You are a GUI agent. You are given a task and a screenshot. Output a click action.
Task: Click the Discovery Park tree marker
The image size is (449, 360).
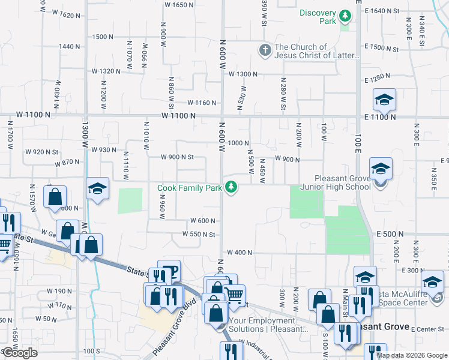point(345,15)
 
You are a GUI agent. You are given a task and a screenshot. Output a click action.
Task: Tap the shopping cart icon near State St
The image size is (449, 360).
point(234,294)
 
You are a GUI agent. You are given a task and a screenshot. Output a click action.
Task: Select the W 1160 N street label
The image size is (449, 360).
point(201,103)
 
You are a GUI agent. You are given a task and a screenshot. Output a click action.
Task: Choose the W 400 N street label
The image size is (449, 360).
point(239,253)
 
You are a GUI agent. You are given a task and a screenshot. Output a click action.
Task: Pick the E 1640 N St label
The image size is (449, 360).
point(387,11)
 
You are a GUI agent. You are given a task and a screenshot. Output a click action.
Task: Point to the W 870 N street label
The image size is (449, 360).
point(67,163)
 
